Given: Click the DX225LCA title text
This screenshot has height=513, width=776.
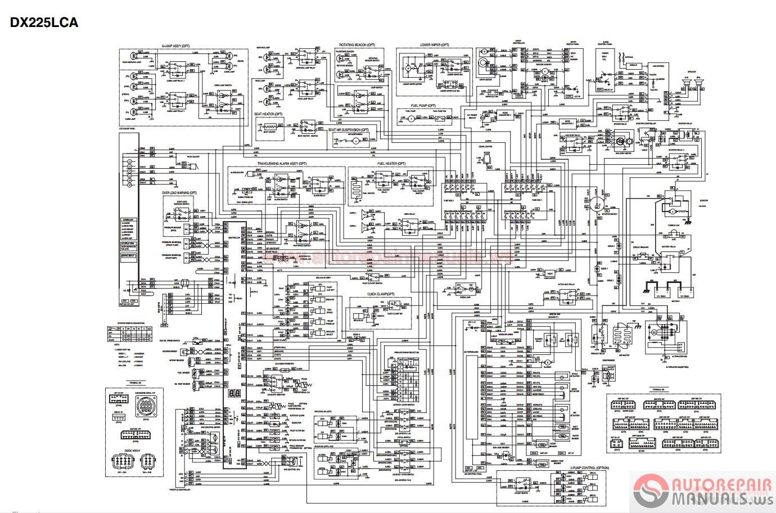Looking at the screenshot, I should click(43, 22).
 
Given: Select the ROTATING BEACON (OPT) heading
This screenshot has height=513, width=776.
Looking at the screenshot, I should click(357, 44).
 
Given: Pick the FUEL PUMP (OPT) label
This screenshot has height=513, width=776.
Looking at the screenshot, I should click(423, 105).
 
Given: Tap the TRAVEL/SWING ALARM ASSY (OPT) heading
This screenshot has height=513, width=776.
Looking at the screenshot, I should click(282, 164).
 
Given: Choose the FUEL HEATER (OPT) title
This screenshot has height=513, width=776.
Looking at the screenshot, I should click(391, 164).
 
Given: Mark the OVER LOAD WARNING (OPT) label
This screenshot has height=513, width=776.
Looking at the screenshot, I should click(179, 193).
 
